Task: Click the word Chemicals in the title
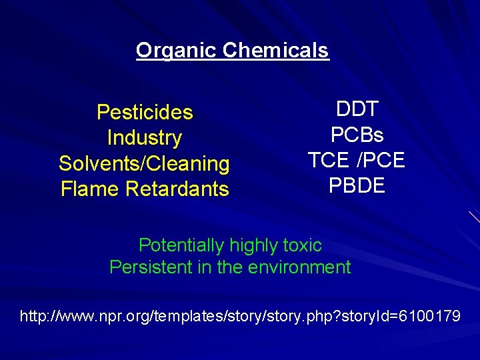[x=276, y=50]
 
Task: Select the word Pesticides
[x=145, y=112]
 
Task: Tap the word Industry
[x=145, y=138]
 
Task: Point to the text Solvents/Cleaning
[x=144, y=163]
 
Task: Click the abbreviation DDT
[x=357, y=109]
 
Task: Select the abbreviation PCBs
[x=357, y=135]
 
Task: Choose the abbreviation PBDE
[x=357, y=185]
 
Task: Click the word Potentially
[x=181, y=245]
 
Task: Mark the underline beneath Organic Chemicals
[x=233, y=59]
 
